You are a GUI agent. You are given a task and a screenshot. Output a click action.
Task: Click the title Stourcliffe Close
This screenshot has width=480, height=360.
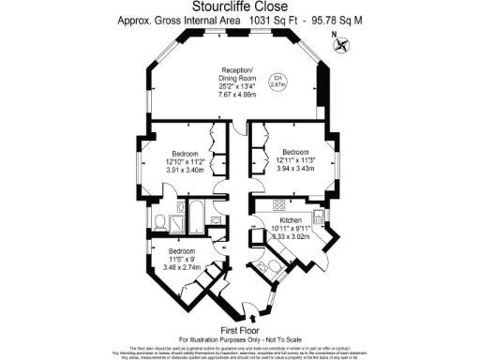pos(239,7)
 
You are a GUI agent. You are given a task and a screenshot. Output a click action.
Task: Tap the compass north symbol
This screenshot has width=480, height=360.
pos(340,42)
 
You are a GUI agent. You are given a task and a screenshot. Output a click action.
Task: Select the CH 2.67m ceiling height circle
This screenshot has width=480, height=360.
pos(277,81)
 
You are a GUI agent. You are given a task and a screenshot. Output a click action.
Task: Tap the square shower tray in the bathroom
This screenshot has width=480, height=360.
pos(217,221)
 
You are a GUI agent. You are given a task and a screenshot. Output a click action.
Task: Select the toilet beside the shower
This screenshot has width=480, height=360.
pos(161,222)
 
